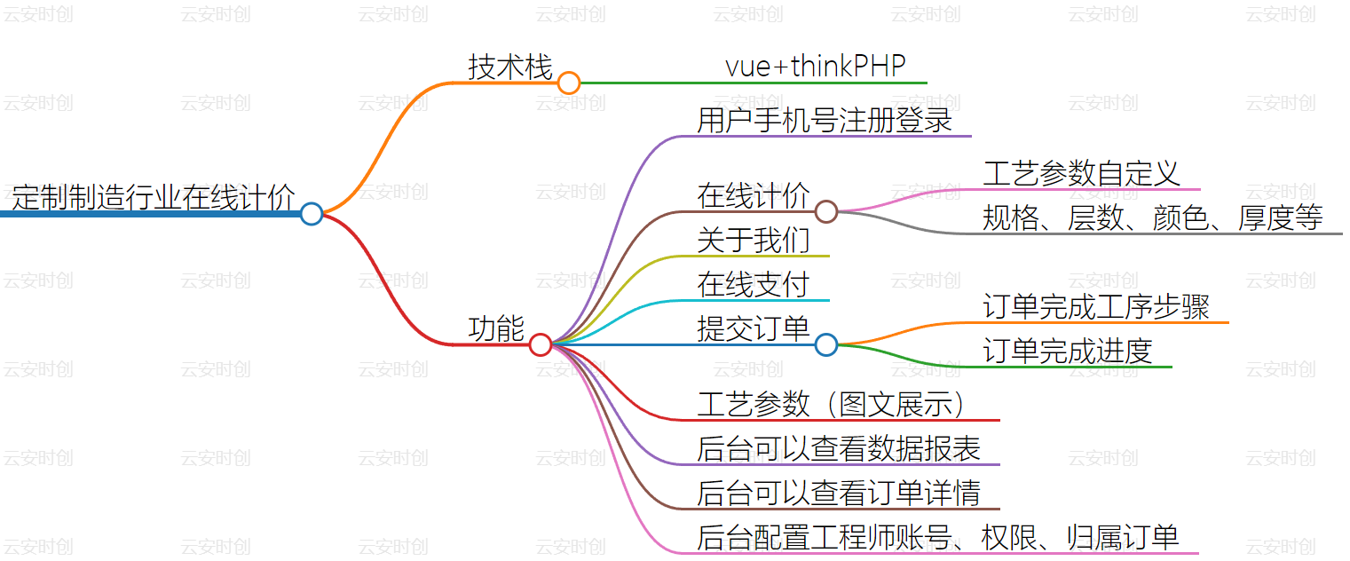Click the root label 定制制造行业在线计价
[x=153, y=196]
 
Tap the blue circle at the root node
[x=311, y=214]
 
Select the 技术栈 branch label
[x=510, y=67]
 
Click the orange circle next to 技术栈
[x=569, y=83]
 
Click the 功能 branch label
[x=496, y=328]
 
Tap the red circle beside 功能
[x=541, y=345]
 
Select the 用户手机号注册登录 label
[x=825, y=120]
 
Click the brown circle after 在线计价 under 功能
[x=826, y=211]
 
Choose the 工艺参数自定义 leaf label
[x=1081, y=173]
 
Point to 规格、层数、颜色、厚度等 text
[x=1152, y=217]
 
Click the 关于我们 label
[x=754, y=240]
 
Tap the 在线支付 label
[x=754, y=284]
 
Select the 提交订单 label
[x=754, y=328]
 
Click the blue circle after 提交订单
[x=826, y=344]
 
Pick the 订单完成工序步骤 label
[x=1096, y=306]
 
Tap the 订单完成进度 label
[x=1067, y=351]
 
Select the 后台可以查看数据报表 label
[x=839, y=448]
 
